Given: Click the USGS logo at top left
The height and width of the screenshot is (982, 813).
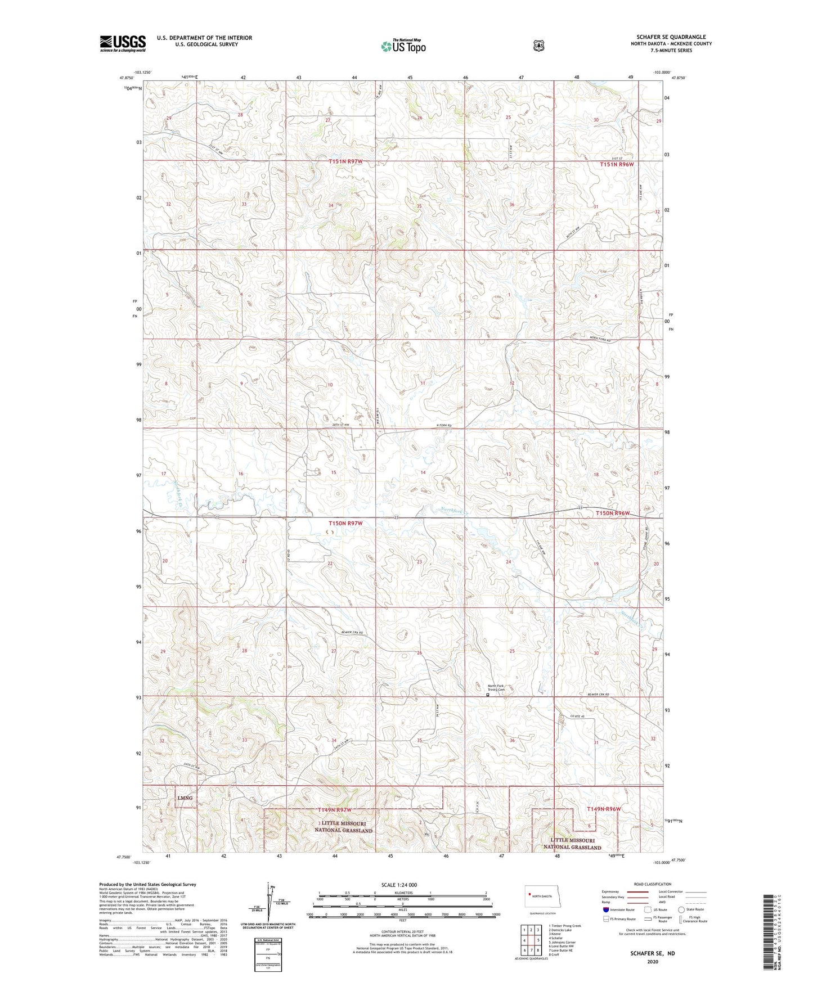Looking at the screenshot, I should (123, 43).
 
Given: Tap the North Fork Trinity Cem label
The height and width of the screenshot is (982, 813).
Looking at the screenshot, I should (496, 688).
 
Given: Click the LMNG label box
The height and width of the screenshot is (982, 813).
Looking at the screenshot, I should (185, 798).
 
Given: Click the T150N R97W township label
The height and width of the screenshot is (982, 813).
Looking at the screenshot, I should (345, 523).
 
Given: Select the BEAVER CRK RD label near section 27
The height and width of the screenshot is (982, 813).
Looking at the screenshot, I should (353, 633).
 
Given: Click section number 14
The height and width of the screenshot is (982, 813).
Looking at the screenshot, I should (423, 472).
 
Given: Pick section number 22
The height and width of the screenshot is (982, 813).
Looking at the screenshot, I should (330, 564).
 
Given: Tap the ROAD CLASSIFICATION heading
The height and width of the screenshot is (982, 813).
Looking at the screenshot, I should (652, 884).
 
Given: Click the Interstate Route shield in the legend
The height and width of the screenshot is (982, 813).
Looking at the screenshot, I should (605, 909).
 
